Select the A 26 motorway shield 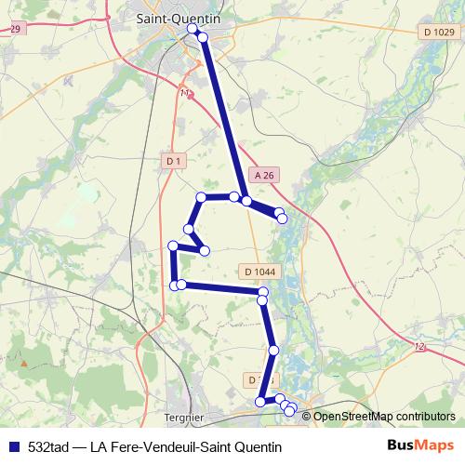[264, 175]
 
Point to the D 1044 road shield [259, 272]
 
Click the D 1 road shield [174, 161]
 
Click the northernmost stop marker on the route [193, 29]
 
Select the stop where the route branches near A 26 [246, 200]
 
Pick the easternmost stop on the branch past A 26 [282, 219]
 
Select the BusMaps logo [419, 445]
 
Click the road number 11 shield [184, 93]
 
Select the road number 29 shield [13, 30]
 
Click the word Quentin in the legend [255, 446]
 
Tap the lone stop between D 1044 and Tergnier [273, 350]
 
